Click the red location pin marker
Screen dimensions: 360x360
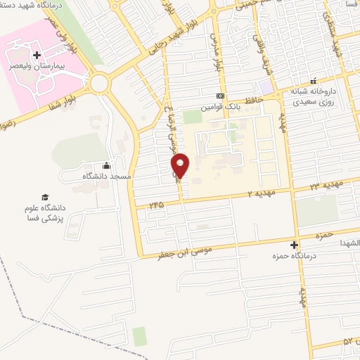coord(181,166)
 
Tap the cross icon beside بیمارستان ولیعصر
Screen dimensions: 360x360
coord(37,53)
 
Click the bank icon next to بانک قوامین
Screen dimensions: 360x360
coord(221,96)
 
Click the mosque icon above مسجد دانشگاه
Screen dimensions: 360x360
coord(106,165)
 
